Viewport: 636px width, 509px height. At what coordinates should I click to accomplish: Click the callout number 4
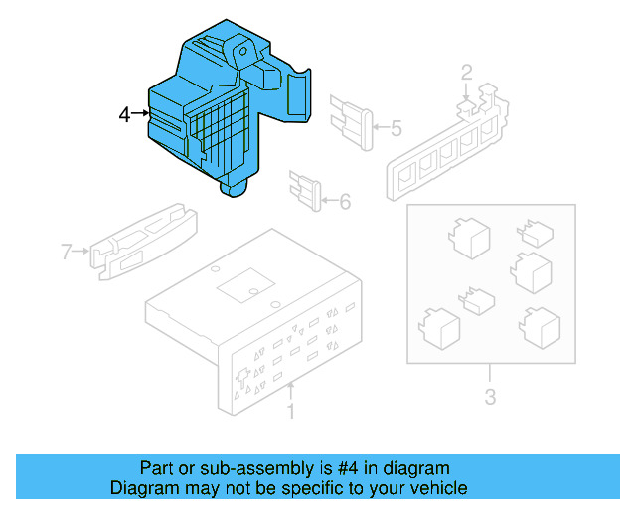pyautogui.click(x=124, y=115)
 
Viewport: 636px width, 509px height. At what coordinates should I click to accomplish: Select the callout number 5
pyautogui.click(x=396, y=128)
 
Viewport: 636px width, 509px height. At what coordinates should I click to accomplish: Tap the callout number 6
pyautogui.click(x=345, y=202)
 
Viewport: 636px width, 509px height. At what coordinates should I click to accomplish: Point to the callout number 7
pyautogui.click(x=67, y=252)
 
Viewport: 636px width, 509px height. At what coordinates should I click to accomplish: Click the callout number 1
pyautogui.click(x=290, y=412)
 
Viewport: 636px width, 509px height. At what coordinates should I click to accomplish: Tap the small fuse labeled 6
pyautogui.click(x=307, y=191)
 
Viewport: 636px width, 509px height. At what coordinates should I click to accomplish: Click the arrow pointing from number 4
pyautogui.click(x=141, y=115)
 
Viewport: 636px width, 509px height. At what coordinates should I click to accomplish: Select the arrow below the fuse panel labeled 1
pyautogui.click(x=290, y=389)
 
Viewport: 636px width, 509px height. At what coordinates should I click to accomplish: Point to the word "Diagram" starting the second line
pyautogui.click(x=141, y=488)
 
